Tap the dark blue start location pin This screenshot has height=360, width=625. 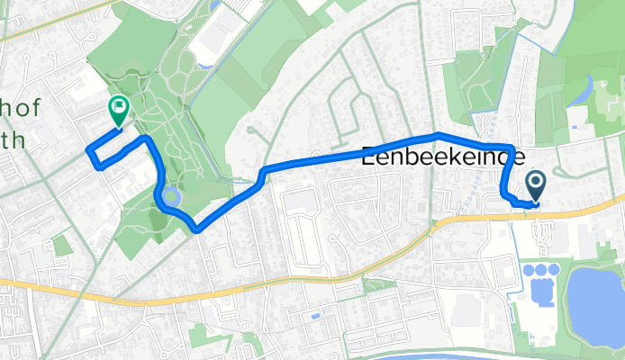click(x=535, y=185)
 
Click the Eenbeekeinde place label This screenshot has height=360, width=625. click(x=442, y=156)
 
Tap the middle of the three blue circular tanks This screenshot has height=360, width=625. click(x=539, y=270)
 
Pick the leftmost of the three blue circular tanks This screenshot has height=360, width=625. click(x=527, y=270)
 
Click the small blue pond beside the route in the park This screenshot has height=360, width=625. click(x=173, y=194)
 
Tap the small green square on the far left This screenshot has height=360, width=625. click(x=61, y=245)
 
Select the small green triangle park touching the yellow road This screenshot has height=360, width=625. click(x=378, y=285)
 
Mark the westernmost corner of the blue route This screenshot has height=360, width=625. click(x=86, y=149)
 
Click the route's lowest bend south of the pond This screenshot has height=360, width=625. click(x=196, y=229)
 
